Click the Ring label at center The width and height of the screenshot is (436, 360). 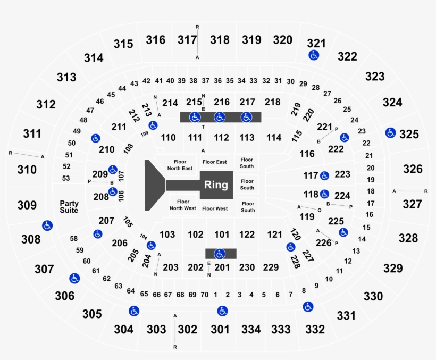tap(216, 185)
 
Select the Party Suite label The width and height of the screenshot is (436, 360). tap(69, 207)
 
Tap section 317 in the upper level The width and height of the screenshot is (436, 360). tap(187, 40)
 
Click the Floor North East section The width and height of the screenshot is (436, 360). tap(180, 165)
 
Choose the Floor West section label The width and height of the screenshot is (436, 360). tap(215, 208)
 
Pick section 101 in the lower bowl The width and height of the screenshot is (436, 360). tap(222, 235)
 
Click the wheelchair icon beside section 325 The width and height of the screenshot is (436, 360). tap(390, 133)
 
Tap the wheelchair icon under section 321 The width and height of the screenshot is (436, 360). tap(314, 55)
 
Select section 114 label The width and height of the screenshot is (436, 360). tap(274, 138)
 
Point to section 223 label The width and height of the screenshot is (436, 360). tap(342, 174)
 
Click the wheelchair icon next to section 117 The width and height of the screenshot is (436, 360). tap(324, 175)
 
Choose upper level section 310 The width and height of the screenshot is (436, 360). tap(27, 170)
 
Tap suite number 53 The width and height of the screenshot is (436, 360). tap(66, 178)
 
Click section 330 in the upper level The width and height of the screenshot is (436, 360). tap(373, 296)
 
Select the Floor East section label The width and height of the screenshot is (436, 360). tap(214, 162)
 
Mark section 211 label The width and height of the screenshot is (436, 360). tap(119, 127)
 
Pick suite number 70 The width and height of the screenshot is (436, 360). tap(204, 295)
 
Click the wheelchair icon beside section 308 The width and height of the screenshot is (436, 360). tap(47, 225)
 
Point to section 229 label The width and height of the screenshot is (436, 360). tap(271, 267)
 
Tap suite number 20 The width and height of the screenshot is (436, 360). tap(371, 168)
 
